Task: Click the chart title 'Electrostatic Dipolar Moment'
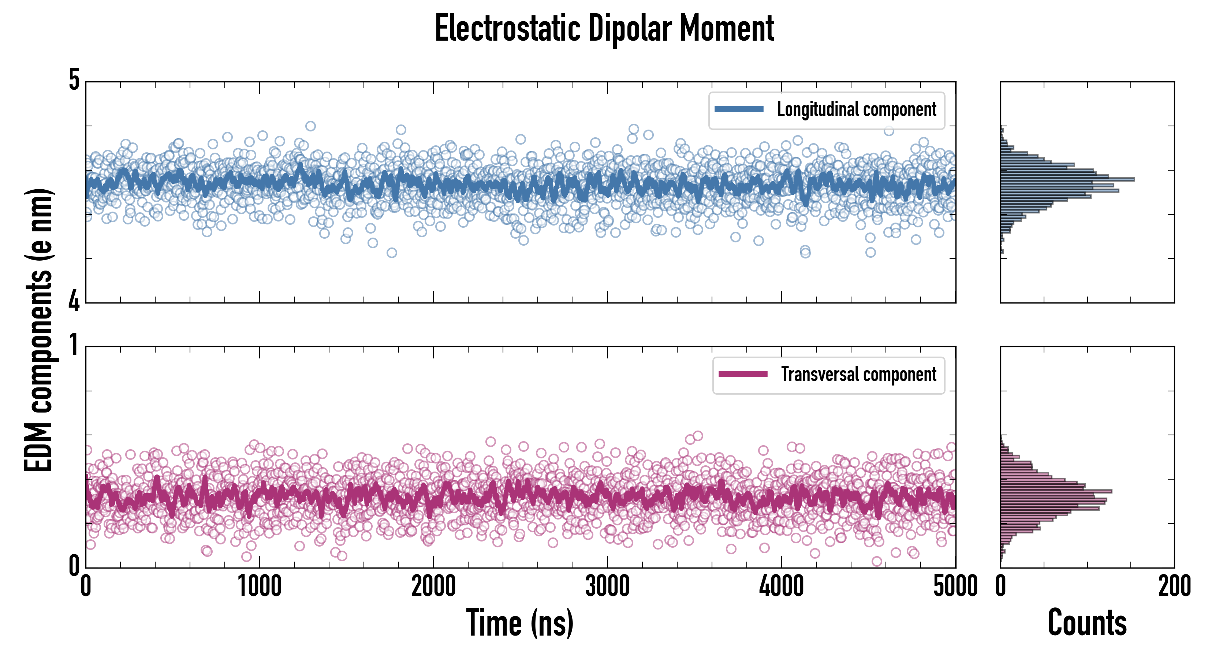point(604,29)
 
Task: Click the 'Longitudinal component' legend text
point(856,109)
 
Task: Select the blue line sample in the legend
point(739,109)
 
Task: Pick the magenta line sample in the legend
point(743,374)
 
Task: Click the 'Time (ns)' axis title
point(519,623)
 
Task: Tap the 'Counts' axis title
point(1087,623)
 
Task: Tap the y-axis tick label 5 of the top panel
point(74,80)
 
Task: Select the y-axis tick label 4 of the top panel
point(74,300)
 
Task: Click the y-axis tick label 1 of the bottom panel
point(74,345)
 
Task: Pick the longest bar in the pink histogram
point(1056,491)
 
